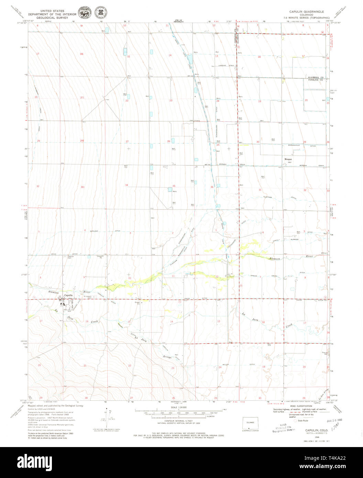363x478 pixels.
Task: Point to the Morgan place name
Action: [x=288, y=160]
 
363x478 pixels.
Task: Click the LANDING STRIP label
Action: [x=224, y=66]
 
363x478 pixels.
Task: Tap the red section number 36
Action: [x=212, y=187]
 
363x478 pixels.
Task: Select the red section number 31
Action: [x=260, y=190]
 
